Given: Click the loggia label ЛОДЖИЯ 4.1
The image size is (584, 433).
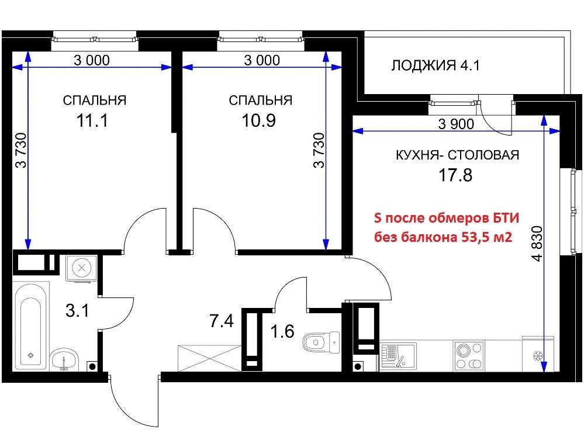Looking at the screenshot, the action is click(x=435, y=65).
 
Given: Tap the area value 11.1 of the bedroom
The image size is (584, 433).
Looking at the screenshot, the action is click(x=92, y=120).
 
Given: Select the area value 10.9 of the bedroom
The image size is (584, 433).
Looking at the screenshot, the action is click(x=259, y=120).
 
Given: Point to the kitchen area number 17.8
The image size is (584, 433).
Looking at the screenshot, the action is click(x=455, y=175).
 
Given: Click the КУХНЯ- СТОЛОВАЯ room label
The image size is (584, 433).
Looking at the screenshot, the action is click(x=457, y=155).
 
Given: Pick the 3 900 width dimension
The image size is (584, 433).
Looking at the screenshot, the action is click(x=456, y=124).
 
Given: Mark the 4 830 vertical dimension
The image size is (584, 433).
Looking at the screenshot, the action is click(x=537, y=244).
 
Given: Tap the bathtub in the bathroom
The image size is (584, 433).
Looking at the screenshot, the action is click(x=31, y=326).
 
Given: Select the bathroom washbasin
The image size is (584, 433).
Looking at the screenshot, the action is click(x=64, y=359).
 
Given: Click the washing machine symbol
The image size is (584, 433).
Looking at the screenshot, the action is click(x=82, y=268).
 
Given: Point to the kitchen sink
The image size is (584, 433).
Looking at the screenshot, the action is click(x=398, y=356).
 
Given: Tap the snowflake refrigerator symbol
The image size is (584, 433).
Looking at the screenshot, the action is click(x=538, y=356).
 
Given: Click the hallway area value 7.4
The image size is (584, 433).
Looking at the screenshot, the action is click(x=222, y=321).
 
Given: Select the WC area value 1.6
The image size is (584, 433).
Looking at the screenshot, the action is click(x=282, y=331).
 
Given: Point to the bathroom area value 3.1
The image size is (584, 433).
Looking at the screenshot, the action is click(x=77, y=310).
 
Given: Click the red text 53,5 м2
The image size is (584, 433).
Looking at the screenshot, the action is click(x=487, y=237).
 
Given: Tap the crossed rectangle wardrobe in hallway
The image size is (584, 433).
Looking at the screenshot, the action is click(x=210, y=358).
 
